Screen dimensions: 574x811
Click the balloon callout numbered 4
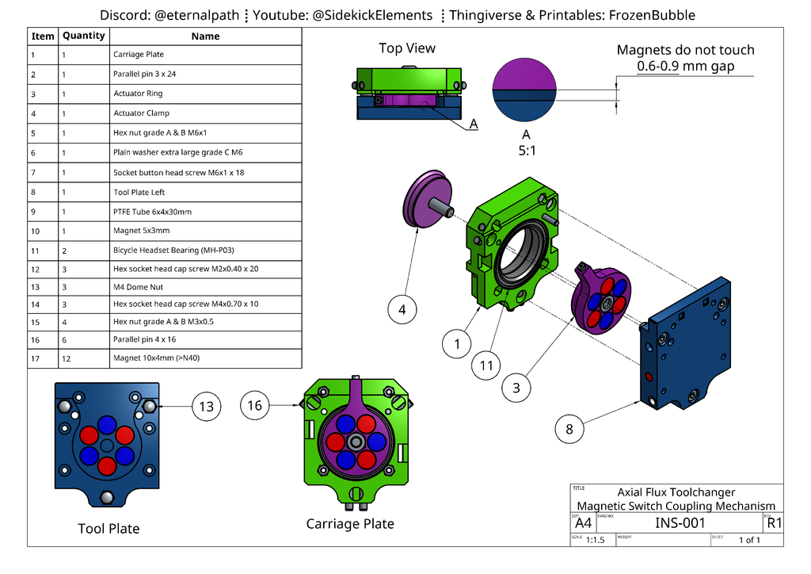click(402, 310)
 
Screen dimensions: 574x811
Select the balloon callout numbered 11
click(487, 365)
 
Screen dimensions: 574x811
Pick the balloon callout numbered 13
click(207, 407)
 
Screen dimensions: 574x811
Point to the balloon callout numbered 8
click(569, 429)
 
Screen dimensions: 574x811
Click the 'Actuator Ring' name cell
click(138, 94)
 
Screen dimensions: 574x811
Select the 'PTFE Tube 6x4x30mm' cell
click(152, 212)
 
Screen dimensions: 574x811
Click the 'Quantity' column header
click(83, 36)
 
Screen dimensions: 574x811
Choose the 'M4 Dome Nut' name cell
click(139, 288)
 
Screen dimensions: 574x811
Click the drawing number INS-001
click(679, 522)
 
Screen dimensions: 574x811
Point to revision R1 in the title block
click(774, 522)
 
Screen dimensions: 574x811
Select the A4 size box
click(583, 523)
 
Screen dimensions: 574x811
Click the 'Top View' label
click(407, 48)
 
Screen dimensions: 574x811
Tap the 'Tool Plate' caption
click(109, 529)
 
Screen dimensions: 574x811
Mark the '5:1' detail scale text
click(526, 149)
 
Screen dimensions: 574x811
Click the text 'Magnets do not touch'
click(685, 50)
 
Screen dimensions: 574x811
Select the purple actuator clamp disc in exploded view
click(428, 198)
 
